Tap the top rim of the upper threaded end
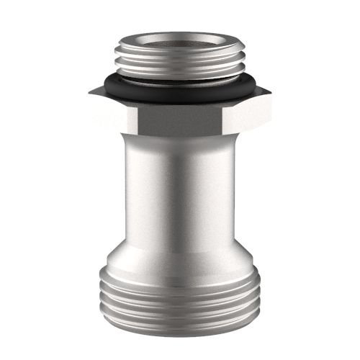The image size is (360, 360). (x=180, y=33)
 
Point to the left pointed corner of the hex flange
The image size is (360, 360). (x=91, y=92)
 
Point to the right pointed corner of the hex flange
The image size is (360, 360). (x=269, y=92)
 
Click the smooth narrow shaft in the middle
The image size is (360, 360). (x=180, y=194)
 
